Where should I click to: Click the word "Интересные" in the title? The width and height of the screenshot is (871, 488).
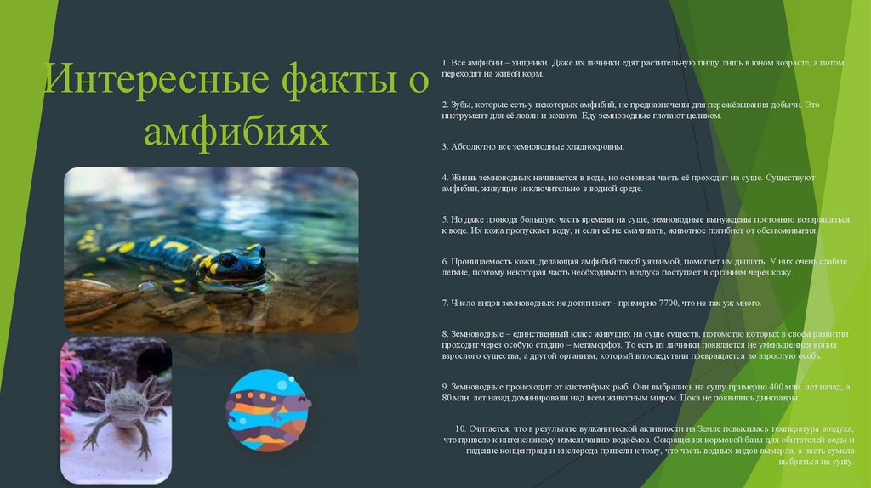coord(132,82)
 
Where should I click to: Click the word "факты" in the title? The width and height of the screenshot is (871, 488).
coord(310,82)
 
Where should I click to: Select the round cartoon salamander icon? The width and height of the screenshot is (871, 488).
coord(268,410)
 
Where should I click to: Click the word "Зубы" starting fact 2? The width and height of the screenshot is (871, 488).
coord(460,105)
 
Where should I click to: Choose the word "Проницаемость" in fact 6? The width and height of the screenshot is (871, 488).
coord(478,261)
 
